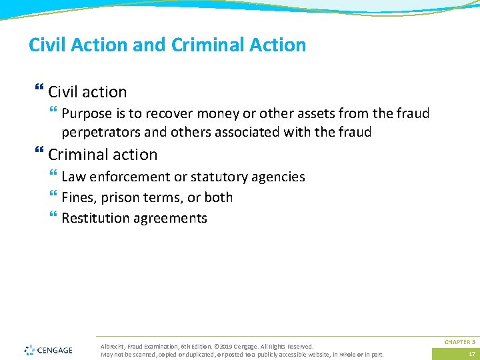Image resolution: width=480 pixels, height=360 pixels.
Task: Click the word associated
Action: click(x=245, y=132)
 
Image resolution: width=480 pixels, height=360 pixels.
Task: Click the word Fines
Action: click(x=77, y=197)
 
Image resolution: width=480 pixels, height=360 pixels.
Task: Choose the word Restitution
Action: click(x=95, y=218)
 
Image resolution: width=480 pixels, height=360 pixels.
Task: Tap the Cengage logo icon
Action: click(x=29, y=349)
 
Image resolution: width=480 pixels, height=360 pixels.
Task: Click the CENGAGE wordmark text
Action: click(x=55, y=349)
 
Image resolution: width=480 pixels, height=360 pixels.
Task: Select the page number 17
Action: click(x=471, y=354)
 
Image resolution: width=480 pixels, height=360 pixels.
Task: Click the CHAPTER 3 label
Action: click(x=460, y=341)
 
